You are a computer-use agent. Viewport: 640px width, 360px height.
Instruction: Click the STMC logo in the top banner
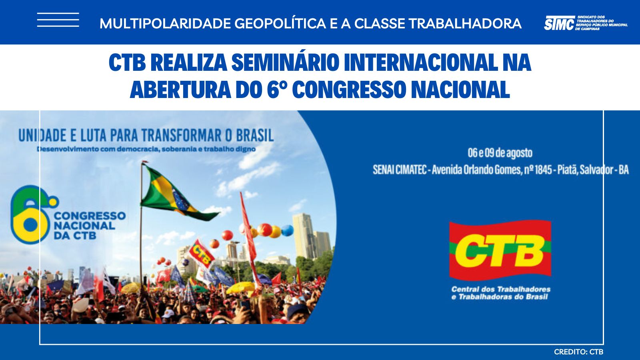[586, 23]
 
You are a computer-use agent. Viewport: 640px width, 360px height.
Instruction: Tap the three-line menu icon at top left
[58, 20]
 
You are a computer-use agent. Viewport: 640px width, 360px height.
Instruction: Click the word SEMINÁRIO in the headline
[286, 62]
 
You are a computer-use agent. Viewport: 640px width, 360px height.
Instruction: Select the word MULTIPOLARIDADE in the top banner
[165, 24]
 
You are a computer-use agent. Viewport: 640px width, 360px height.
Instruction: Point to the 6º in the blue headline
[277, 90]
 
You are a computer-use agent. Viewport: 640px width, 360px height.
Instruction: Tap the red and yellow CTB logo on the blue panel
[500, 250]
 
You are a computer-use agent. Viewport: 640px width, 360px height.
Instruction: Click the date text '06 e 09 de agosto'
[500, 153]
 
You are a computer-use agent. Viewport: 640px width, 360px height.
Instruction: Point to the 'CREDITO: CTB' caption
[578, 352]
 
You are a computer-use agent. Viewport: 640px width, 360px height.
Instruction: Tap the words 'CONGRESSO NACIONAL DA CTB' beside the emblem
[90, 226]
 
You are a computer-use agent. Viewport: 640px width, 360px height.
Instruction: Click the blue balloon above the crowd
[288, 230]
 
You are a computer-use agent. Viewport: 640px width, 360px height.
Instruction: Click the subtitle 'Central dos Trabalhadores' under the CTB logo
[501, 289]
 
